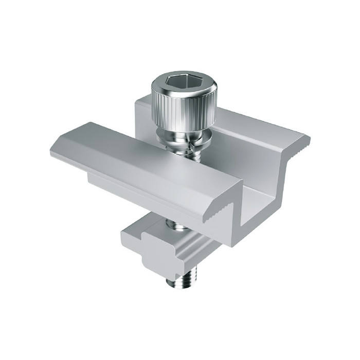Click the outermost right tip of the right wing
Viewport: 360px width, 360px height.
(x=309, y=139)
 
